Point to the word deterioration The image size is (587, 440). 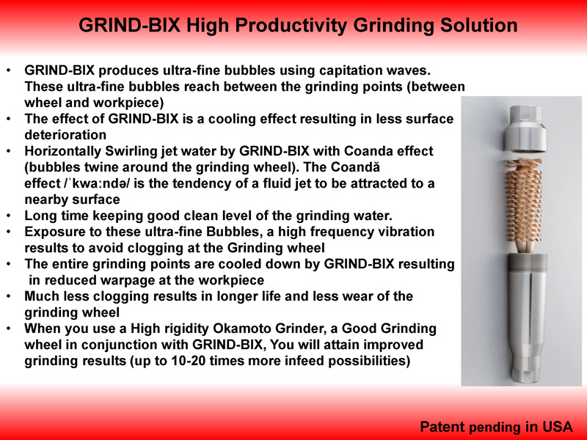point(65,135)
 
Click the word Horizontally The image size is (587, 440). point(62,152)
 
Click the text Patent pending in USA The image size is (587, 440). point(497,427)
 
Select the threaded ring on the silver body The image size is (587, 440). point(527,260)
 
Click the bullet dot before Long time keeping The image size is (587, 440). point(9,216)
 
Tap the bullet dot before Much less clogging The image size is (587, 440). point(9,296)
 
